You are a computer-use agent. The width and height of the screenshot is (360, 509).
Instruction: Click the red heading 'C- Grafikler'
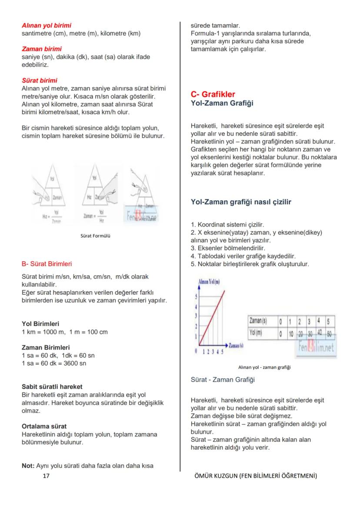click(213, 94)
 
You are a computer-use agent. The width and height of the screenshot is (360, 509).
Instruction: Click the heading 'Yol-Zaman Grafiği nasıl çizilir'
click(241, 202)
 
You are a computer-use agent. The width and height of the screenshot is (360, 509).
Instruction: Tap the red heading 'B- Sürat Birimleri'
click(47, 263)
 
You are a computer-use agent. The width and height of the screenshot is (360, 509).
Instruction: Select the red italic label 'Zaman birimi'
click(42, 49)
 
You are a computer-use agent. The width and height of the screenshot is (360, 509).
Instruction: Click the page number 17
click(47, 476)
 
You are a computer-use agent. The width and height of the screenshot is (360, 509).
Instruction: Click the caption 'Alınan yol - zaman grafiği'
click(264, 367)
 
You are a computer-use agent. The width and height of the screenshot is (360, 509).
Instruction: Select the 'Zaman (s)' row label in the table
click(258, 321)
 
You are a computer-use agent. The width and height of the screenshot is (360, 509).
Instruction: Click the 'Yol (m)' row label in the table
click(257, 333)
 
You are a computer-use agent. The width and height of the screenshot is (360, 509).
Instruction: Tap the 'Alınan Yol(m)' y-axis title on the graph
click(209, 282)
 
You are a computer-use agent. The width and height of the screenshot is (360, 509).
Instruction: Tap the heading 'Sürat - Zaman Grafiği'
click(223, 379)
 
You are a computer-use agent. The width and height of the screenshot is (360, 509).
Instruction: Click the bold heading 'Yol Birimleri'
click(40, 324)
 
